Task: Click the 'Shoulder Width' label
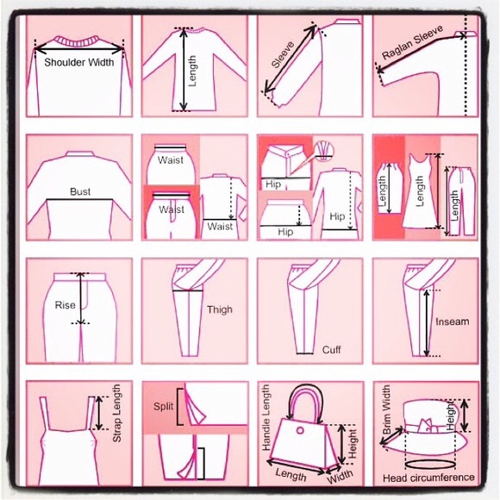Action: (78, 62)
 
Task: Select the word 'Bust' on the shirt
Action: (79, 192)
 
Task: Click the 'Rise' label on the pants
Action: (66, 305)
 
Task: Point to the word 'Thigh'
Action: (219, 309)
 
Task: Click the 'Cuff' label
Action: (331, 350)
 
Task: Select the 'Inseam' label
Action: (453, 322)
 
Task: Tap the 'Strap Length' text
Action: (117, 414)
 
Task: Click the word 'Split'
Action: (164, 405)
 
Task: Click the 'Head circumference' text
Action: (428, 477)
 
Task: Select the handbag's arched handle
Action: (306, 399)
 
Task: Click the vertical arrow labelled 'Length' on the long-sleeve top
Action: (182, 70)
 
